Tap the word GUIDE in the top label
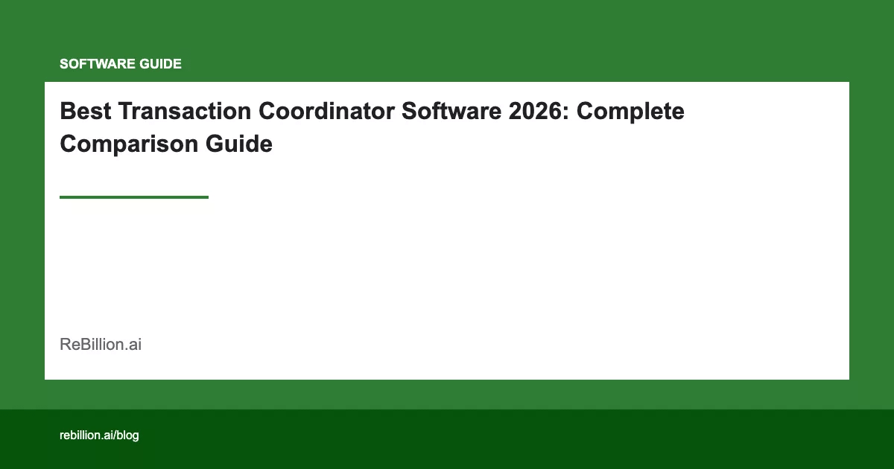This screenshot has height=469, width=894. [x=161, y=64]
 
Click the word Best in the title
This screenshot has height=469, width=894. [x=83, y=112]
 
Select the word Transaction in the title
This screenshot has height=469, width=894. [x=182, y=112]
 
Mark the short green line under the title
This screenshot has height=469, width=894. [x=134, y=197]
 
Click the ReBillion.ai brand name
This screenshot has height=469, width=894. [x=101, y=345]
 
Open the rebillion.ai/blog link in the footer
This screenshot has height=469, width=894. [x=99, y=435]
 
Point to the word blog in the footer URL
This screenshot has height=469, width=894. [x=127, y=435]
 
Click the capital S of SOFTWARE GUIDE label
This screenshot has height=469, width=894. [x=64, y=64]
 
